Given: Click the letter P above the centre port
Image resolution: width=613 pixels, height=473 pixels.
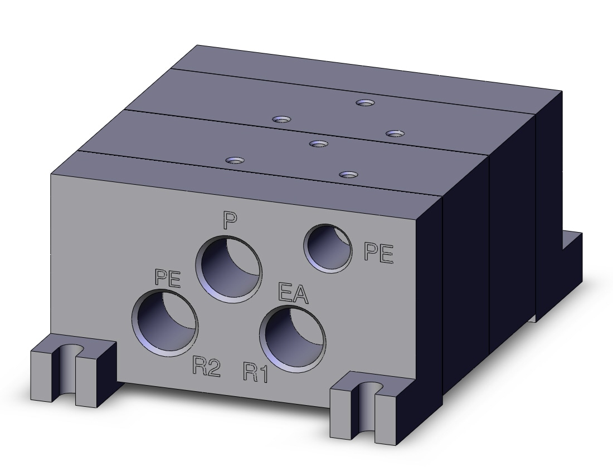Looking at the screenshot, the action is tap(230, 220).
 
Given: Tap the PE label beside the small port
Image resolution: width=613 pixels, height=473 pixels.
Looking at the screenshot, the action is tap(378, 252).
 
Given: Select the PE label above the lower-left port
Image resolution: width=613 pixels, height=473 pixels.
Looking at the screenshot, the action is tap(168, 278).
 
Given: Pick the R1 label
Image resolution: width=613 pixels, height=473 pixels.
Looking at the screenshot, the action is tap(256, 372).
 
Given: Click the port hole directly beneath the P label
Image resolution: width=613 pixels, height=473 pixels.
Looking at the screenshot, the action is tap(228, 269).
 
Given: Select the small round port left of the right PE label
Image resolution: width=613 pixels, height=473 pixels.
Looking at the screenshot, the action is tap(328, 248).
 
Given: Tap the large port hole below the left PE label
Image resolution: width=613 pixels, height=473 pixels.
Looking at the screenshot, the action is tap(165, 323).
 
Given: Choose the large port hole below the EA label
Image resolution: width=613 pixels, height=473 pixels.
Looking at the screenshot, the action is tap(293, 339).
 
